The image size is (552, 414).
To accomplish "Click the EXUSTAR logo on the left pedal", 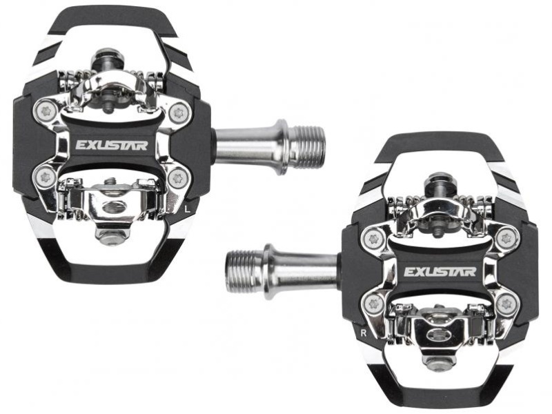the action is (112, 145).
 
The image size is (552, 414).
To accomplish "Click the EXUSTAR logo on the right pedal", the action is (440, 271).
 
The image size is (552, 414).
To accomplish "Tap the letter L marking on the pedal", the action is (188, 209).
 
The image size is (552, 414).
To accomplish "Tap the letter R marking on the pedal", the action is (364, 333).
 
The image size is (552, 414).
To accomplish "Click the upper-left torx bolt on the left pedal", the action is (45, 112).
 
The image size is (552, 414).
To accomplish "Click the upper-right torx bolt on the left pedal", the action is (180, 112).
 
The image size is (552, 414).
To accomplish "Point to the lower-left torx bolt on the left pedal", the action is (45, 177).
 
